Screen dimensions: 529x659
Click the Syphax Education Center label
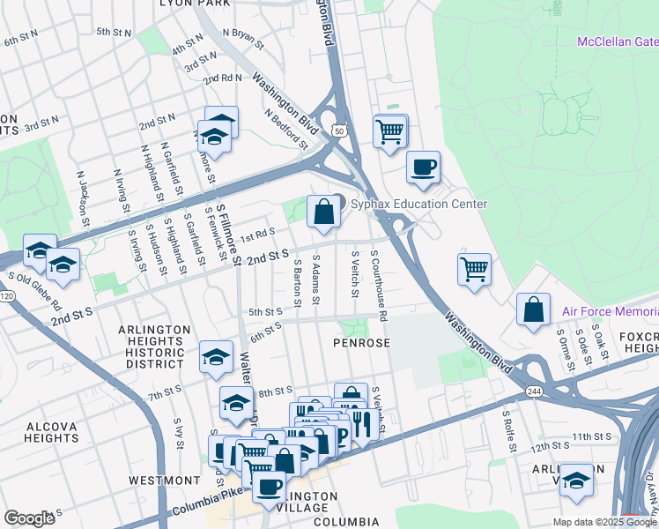[x=418, y=204]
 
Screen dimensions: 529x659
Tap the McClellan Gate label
[x=617, y=41]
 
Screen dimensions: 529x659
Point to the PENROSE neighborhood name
[x=360, y=342]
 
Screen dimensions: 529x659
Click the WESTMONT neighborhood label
[x=165, y=481]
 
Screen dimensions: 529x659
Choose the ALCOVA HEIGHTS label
[x=51, y=431]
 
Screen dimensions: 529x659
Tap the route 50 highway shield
[x=337, y=130]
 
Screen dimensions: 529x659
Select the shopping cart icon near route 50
[x=389, y=131]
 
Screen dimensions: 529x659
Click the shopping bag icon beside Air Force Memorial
[x=533, y=309]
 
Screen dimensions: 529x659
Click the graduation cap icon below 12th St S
[x=576, y=481]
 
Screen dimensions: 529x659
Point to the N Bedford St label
[x=285, y=129]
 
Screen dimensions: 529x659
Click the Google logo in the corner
[x=28, y=518]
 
